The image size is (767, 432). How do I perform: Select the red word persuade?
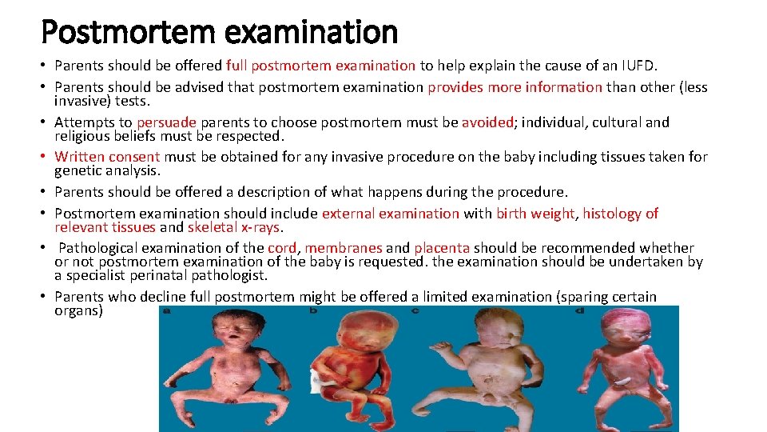166,122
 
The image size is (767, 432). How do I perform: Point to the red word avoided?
487,122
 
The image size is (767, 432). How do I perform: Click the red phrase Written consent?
107,157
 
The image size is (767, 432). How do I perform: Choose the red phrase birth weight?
535,214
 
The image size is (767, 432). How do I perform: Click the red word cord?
282,248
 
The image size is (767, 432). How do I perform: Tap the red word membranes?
344,248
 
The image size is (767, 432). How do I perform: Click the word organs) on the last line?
78,310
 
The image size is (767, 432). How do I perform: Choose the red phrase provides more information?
515,87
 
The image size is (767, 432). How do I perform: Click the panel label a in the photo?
166,310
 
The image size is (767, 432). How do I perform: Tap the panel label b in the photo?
313,310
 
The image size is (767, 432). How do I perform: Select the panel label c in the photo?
414,310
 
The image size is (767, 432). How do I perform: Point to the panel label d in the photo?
579,310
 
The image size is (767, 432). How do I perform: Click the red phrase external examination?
391,214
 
